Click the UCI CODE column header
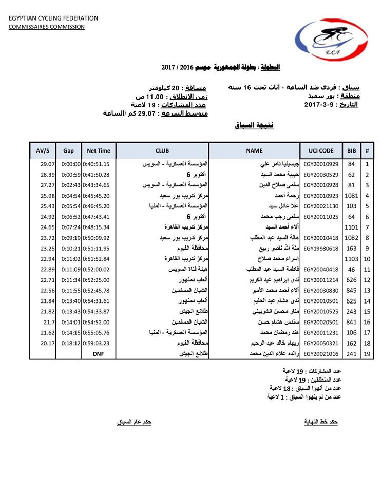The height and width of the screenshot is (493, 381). point(321,151)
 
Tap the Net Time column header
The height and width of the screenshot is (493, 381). point(99,151)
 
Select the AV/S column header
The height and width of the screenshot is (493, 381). point(43,151)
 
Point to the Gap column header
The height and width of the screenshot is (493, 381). point(68,151)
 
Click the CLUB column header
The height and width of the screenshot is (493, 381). point(162,151)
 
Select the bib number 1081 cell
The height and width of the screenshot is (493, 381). point(351,196)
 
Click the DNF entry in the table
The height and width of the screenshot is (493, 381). point(99,354)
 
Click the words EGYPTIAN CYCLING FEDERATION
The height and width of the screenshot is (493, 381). point(53,19)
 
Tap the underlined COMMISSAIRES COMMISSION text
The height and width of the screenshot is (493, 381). point(46,27)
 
